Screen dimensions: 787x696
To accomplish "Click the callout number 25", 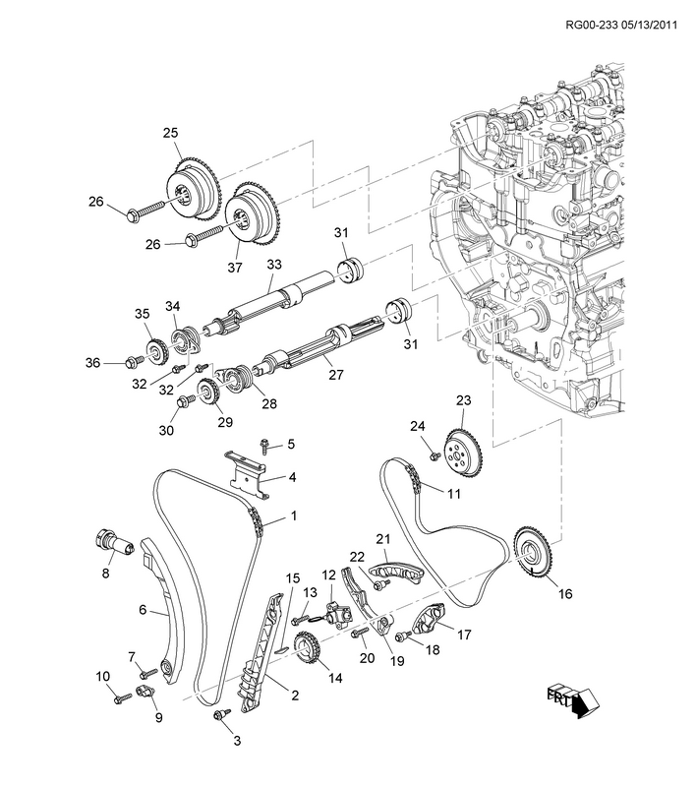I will pos(170,132).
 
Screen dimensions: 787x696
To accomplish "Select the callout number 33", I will pos(273,265).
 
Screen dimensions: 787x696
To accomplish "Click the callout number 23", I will pos(463,400).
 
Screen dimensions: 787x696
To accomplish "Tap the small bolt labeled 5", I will pos(263,446).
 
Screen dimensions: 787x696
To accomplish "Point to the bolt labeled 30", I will pos(184,400).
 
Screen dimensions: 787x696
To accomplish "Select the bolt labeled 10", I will pos(122,697).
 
